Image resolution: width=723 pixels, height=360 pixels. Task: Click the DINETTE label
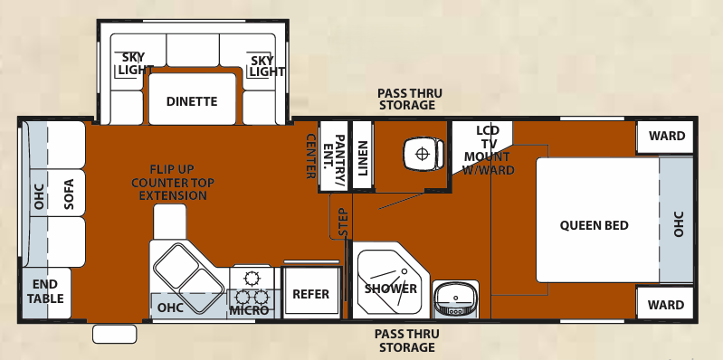[x=192, y=101]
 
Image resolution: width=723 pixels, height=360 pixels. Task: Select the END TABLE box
[x=44, y=292]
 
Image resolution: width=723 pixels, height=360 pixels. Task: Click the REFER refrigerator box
[x=310, y=295]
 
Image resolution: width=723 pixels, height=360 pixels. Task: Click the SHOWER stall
[x=390, y=288]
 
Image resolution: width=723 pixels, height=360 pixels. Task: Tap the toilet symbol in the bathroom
[x=422, y=153]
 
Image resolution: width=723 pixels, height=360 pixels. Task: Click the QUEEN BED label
[x=594, y=225]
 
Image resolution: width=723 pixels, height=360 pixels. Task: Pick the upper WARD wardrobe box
[x=666, y=137]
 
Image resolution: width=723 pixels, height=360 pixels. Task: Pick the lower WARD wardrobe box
[x=666, y=305]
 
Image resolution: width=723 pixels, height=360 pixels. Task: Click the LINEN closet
[x=362, y=155]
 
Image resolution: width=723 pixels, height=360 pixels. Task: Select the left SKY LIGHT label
[x=132, y=65]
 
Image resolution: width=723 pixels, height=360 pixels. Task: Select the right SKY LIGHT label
[x=262, y=65]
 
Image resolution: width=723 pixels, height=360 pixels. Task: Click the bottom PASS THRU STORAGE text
[x=407, y=340]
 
